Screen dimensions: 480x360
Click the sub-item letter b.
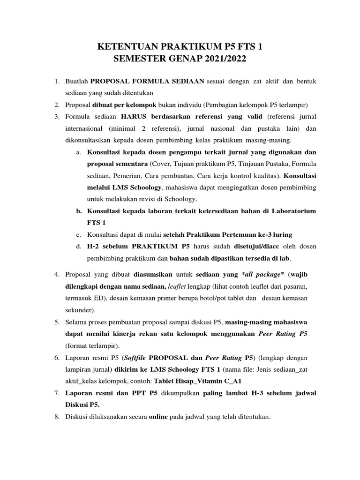click(x=78, y=211)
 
